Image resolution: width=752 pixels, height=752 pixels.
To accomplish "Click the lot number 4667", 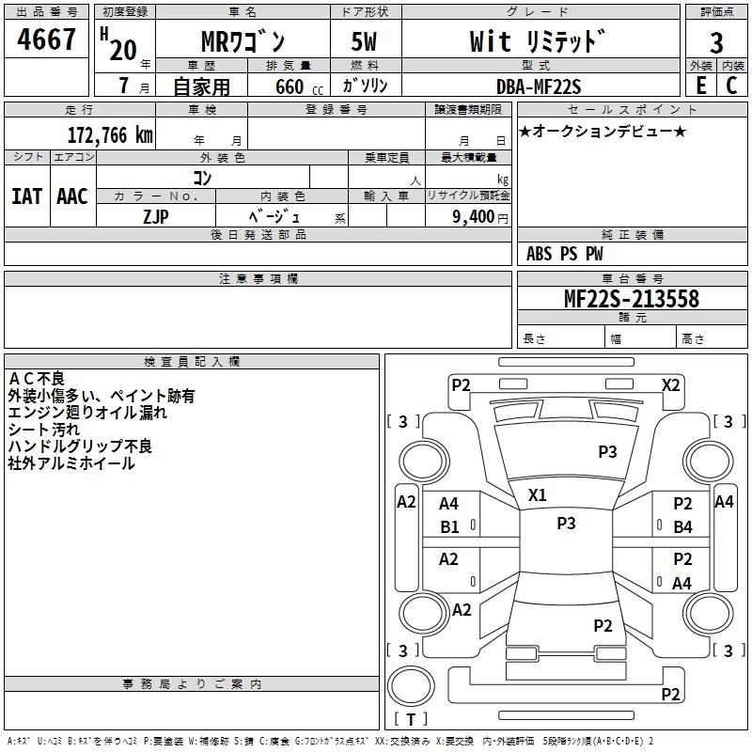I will (47, 40).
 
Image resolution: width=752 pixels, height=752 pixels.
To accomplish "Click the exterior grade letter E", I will (700, 86).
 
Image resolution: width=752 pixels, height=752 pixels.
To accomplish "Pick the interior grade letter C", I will (731, 86).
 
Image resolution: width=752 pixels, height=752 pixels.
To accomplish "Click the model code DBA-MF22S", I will (539, 86).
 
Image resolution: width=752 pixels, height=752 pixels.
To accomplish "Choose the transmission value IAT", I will (26, 196).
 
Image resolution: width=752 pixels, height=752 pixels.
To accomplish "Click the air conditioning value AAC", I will (71, 196).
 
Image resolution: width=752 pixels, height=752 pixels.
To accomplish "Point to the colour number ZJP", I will (156, 216).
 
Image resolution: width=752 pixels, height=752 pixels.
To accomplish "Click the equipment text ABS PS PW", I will (565, 254).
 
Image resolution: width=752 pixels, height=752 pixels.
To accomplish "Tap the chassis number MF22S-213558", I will (631, 299).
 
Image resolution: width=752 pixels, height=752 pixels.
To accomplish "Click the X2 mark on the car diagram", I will (670, 384).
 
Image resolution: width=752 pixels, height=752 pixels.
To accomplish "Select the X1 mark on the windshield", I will (537, 494).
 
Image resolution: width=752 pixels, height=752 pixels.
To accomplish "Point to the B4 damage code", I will (682, 526).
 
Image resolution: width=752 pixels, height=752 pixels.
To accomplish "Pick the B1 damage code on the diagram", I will (450, 526).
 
